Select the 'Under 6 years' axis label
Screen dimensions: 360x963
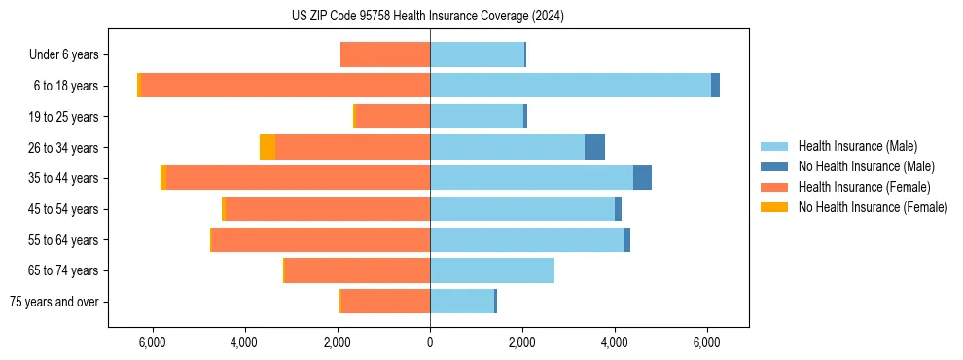coord(69,55)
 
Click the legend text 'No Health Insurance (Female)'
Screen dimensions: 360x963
coord(873,207)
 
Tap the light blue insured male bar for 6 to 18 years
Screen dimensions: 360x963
coord(570,86)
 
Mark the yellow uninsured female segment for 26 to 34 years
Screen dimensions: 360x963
coord(267,147)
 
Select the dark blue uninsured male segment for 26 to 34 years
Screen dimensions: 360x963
coord(594,147)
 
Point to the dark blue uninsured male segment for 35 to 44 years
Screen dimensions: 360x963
coord(642,178)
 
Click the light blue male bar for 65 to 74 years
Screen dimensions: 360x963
coord(492,270)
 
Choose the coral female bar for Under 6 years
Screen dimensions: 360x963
coord(386,55)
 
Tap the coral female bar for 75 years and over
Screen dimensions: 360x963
coord(386,302)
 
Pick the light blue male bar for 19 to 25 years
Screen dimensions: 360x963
coord(477,117)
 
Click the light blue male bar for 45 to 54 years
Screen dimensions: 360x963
coord(522,209)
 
